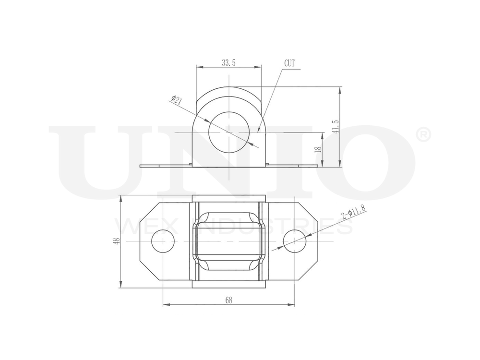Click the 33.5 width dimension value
(x=229, y=63)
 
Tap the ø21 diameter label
(x=176, y=100)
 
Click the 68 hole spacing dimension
(x=228, y=300)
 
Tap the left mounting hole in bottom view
(x=163, y=241)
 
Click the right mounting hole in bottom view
(x=294, y=241)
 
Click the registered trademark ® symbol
(x=424, y=135)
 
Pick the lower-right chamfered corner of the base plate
(x=309, y=271)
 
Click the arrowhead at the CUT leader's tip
(x=259, y=131)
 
